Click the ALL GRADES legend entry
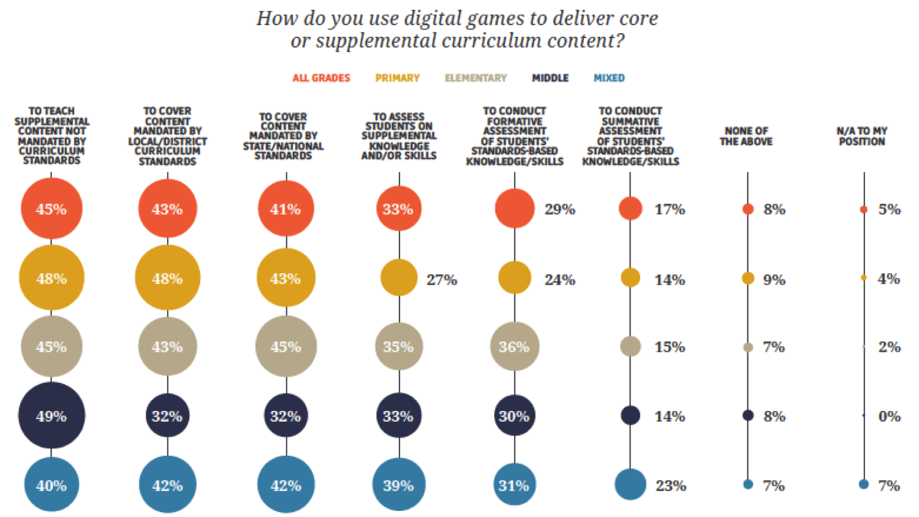321,78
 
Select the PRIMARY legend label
397,78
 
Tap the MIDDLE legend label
550,78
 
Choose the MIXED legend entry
609,78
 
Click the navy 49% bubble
51,416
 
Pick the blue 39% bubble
399,485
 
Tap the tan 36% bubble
514,347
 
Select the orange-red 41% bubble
286,209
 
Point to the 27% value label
442,279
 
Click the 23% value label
670,485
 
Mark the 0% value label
889,416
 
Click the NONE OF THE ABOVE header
746,136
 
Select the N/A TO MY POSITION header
861,136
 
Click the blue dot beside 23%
630,485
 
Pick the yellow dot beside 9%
747,278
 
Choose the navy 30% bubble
514,416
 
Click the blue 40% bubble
51,485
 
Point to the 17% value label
669,209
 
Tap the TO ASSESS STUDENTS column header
399,136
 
